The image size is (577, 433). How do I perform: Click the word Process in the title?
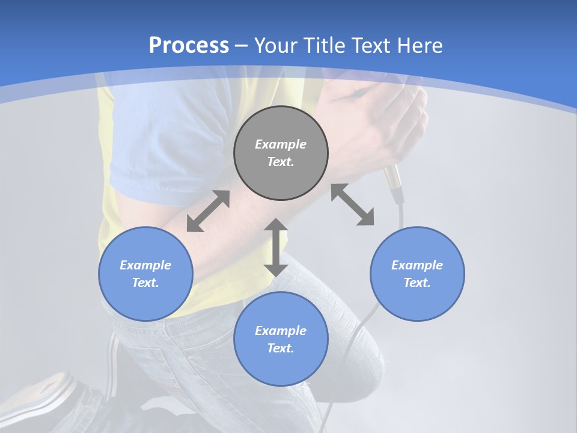coord(189,45)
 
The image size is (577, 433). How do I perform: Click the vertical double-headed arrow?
coord(276,247)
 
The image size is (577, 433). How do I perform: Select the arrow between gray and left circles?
coord(208,211)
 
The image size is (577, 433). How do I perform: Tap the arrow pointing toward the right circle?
coord(353,205)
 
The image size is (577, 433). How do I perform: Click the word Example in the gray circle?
coord(281,144)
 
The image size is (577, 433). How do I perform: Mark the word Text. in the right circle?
coord(417,283)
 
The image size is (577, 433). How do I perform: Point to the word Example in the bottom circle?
coord(281,330)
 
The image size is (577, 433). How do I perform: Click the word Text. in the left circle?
coord(145,283)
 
